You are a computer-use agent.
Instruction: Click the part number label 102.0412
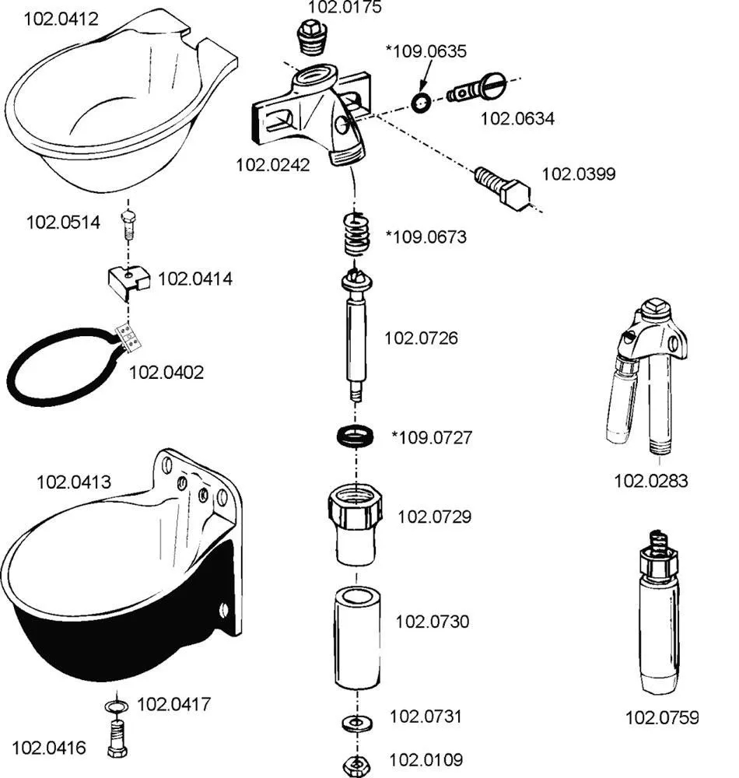coord(61,19)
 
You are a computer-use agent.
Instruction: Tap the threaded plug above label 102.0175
coord(313,37)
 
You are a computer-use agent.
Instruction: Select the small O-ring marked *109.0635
coord(421,102)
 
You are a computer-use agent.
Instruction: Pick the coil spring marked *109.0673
coord(356,232)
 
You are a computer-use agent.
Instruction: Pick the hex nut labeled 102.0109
coord(356,760)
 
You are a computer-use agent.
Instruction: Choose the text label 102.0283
coord(651,481)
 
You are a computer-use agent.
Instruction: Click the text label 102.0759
coord(662,717)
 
